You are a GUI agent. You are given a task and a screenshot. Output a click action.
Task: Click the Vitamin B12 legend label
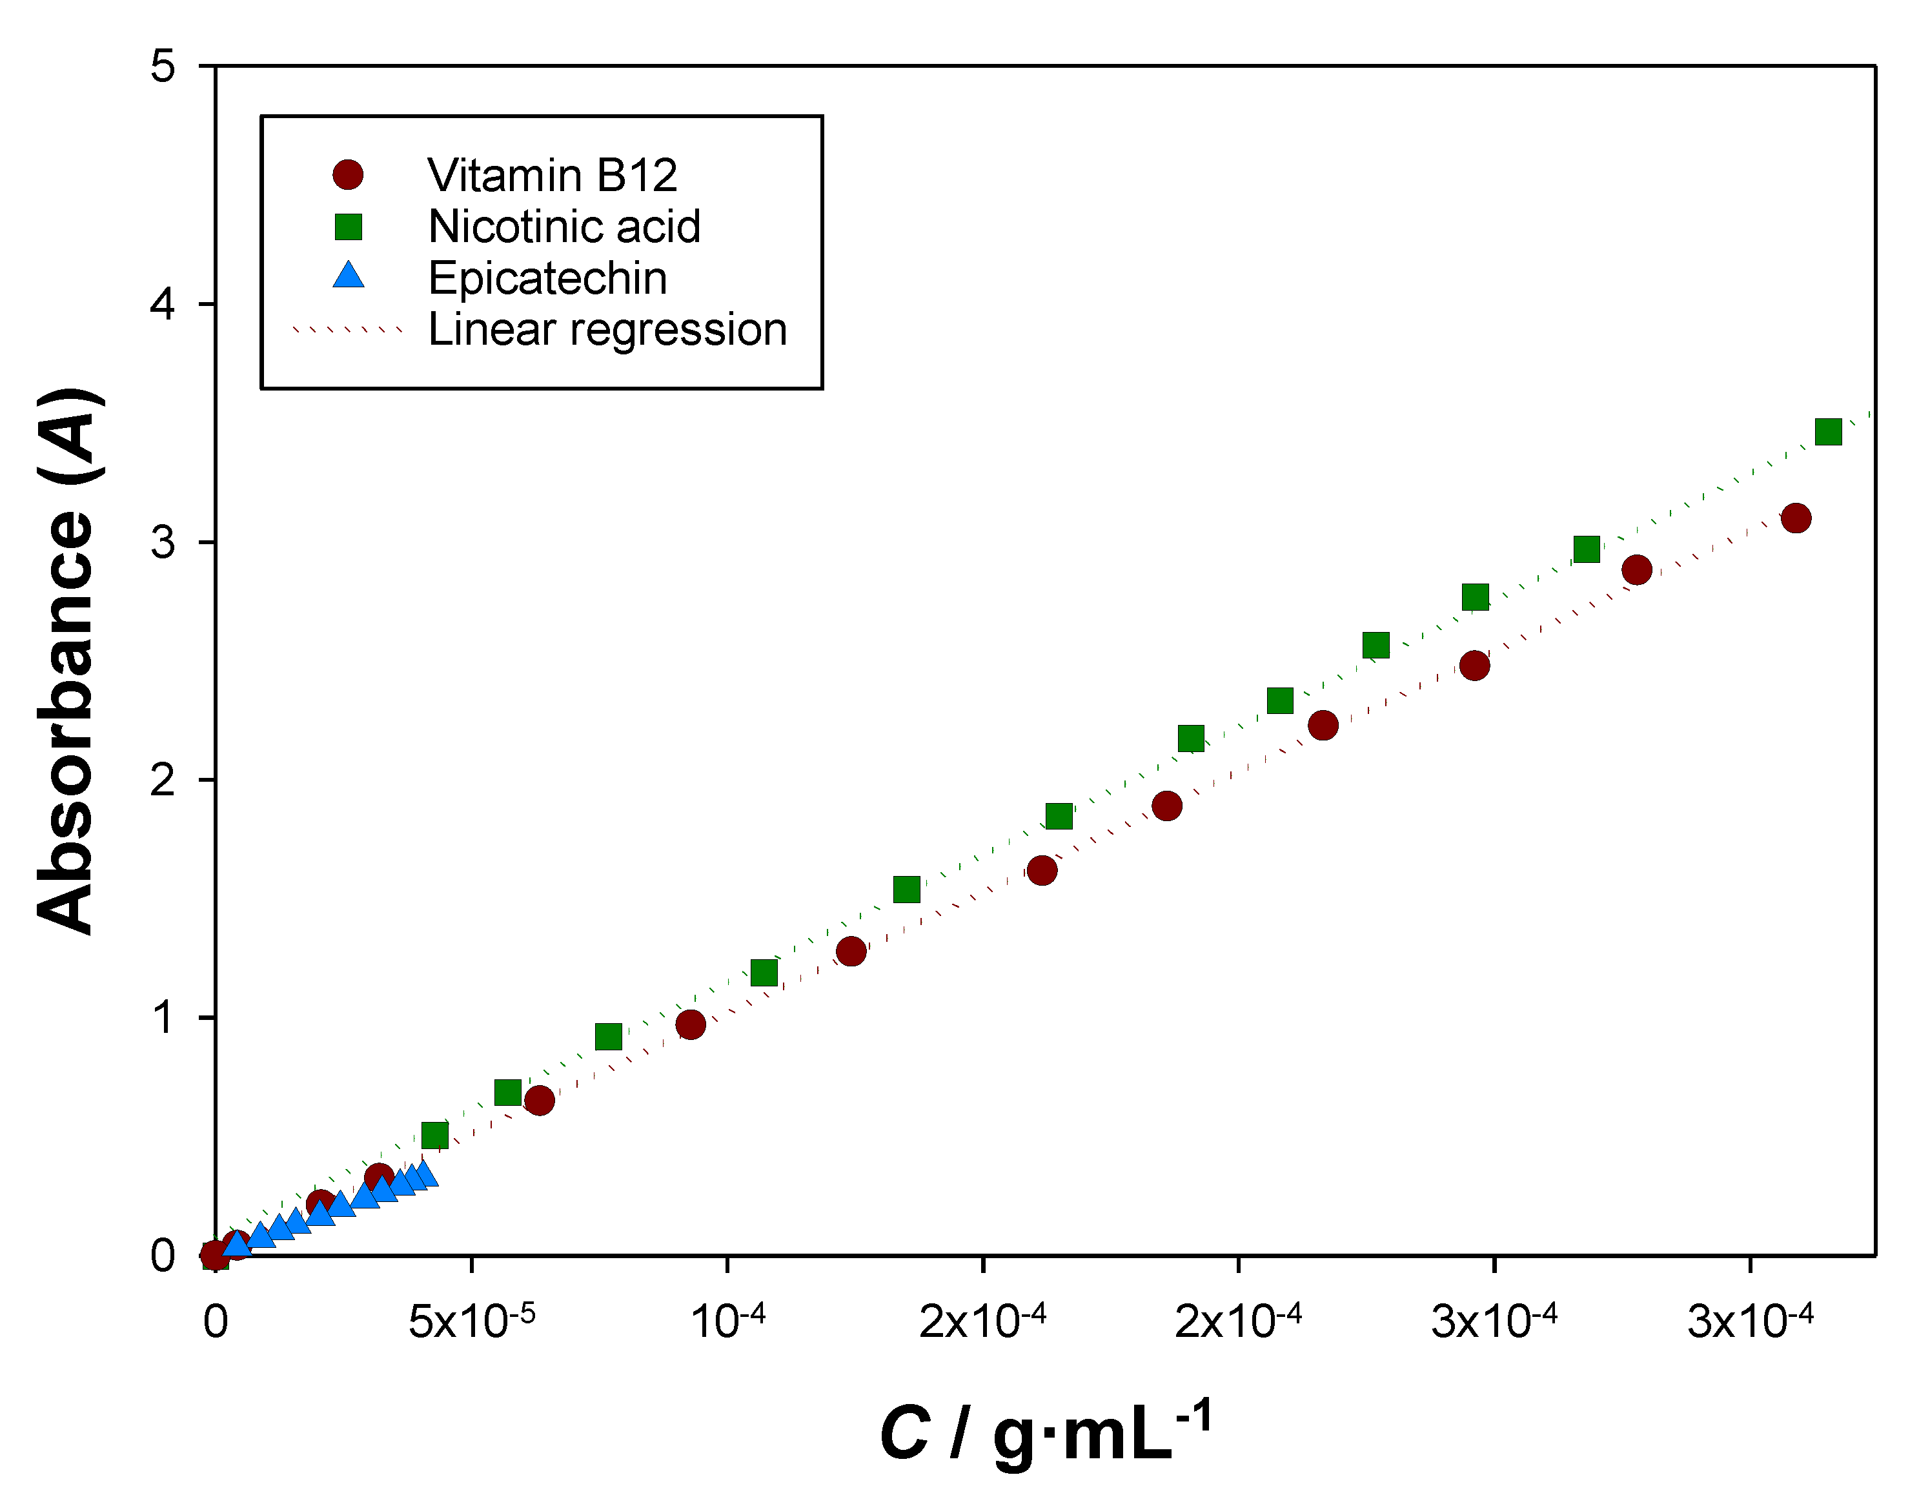point(552,176)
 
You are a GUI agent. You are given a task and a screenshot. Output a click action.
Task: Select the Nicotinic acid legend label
point(564,227)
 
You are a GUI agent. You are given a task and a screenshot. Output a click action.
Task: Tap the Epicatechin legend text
point(547,278)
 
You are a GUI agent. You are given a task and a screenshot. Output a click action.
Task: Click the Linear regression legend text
point(607,329)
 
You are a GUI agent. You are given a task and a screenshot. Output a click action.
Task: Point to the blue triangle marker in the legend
point(349,276)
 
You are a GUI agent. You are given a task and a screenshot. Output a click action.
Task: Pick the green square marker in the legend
point(349,227)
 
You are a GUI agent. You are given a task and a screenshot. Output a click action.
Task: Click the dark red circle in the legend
point(348,175)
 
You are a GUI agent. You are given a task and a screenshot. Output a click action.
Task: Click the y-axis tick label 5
point(163,66)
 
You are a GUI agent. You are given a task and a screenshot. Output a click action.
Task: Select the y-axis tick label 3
point(163,542)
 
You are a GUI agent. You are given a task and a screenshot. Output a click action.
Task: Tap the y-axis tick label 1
point(163,1017)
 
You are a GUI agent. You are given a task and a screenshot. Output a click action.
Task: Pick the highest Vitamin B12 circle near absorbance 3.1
point(1796,518)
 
